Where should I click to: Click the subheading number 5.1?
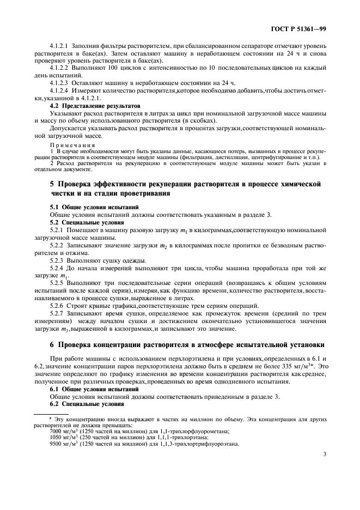(x=55, y=208)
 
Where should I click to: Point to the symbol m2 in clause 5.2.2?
(x=162, y=246)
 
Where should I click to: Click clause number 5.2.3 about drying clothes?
(x=59, y=261)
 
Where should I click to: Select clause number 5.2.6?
(x=59, y=306)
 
